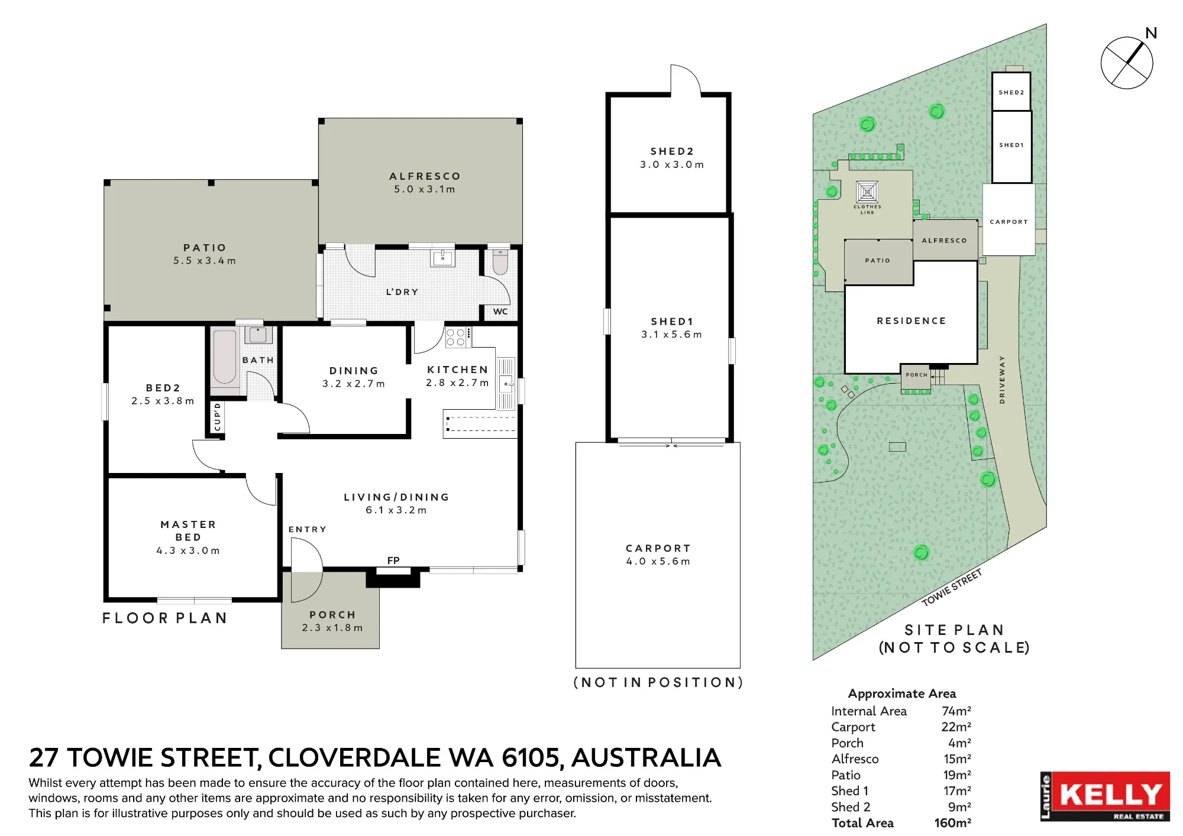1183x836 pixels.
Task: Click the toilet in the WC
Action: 500,261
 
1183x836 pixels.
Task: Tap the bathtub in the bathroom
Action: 225,357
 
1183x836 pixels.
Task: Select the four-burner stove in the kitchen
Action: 456,337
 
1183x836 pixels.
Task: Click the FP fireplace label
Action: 393,560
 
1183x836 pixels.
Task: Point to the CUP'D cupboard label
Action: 217,417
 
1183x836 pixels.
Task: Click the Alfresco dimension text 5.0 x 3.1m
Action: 425,189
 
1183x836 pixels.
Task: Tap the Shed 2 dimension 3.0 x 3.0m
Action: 672,164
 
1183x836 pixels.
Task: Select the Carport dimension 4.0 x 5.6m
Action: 658,561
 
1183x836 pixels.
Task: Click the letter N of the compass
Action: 1151,33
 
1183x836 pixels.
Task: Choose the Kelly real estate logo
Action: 1105,796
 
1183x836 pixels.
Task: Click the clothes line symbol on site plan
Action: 867,192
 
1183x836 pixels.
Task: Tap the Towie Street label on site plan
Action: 952,587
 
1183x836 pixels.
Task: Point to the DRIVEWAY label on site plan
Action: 1002,380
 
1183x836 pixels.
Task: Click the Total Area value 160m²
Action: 953,823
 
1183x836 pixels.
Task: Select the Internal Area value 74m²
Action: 956,711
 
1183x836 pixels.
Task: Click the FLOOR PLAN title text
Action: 164,618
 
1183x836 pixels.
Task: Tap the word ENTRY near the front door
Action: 308,529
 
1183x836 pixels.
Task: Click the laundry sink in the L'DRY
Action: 442,258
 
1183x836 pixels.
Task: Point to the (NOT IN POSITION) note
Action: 658,682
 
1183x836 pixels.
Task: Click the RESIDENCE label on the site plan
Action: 912,321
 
